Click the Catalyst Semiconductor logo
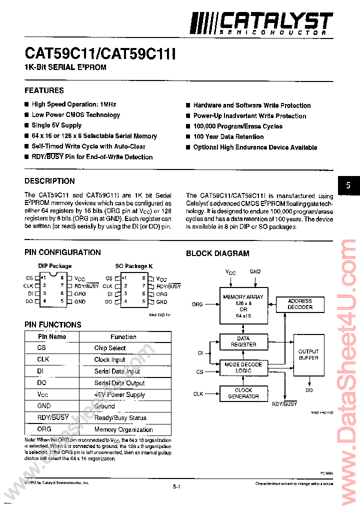coord(261,23)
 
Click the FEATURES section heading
coord(44,90)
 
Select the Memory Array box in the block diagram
coord(243,306)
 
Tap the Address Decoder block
coord(299,304)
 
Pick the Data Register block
coord(243,341)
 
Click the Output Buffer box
coord(308,354)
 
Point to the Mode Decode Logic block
coord(243,367)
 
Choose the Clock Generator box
coord(243,393)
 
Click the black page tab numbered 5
coord(348,185)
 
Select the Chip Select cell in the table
coord(110,348)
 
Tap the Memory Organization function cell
coord(123,429)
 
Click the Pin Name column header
coord(51,336)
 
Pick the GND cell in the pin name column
coord(44,406)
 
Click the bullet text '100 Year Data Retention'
coord(228,136)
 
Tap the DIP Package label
coord(55,266)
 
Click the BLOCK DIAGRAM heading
coord(217,253)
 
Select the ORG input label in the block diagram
coord(197,304)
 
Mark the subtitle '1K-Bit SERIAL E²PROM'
coord(65,67)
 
